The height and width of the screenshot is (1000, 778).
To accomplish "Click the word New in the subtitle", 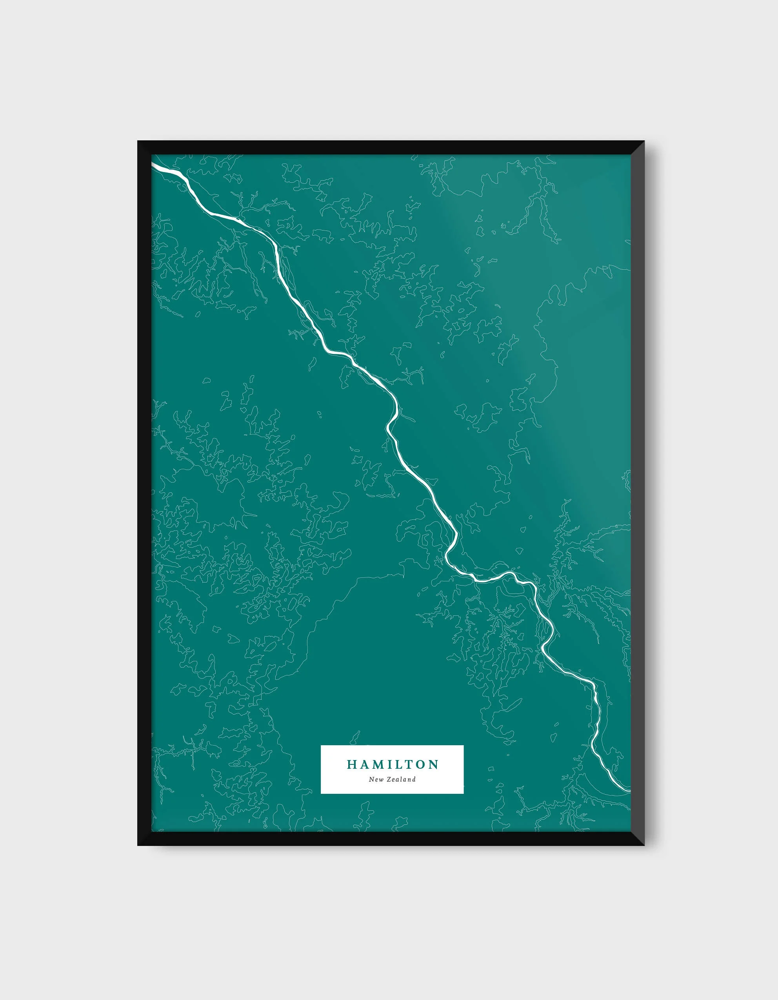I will pyautogui.click(x=376, y=779).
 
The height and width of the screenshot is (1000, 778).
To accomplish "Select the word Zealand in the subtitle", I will pyautogui.click(x=401, y=779).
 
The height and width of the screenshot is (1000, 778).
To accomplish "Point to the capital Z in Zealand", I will pyautogui.click(x=388, y=779).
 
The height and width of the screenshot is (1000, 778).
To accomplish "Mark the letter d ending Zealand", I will pyautogui.click(x=414, y=779).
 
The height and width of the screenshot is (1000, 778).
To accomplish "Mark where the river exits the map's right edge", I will pyautogui.click(x=629, y=790).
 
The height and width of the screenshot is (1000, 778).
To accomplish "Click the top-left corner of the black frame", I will pyautogui.click(x=139, y=142).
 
